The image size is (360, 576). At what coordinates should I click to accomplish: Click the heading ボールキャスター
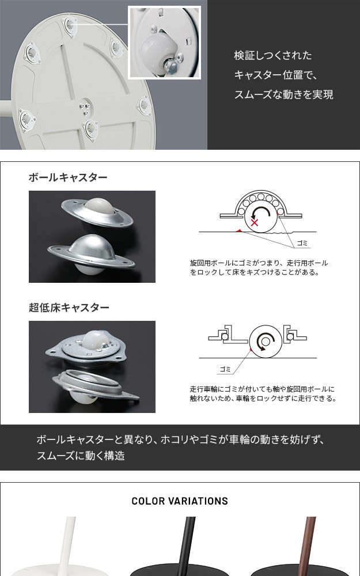coord(68,177)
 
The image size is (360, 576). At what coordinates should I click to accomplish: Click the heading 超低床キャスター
coord(69,307)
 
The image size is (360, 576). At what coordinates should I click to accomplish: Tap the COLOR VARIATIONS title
coord(180,501)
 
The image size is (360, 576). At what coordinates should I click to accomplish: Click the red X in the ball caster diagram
coord(254,222)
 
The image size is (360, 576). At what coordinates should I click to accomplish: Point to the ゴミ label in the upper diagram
coord(302,243)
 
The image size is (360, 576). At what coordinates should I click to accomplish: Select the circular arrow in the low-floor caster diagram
coord(265,342)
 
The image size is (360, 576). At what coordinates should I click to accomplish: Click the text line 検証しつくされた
coord(273,55)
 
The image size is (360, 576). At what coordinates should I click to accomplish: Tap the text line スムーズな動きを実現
coord(283,94)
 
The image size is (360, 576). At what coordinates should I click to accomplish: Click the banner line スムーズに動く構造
coord(81,456)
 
